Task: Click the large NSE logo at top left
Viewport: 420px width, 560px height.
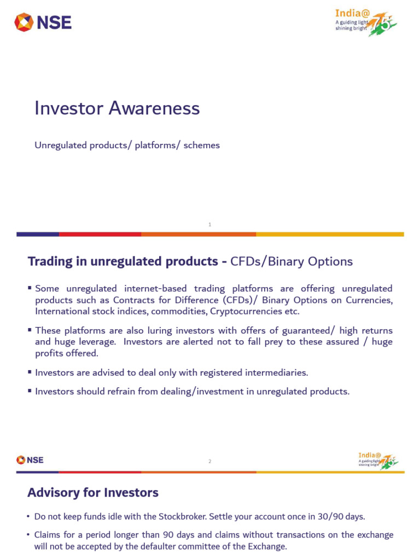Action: (x=43, y=22)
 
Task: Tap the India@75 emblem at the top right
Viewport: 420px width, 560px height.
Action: (x=366, y=22)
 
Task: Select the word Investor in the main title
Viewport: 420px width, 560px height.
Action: (x=68, y=108)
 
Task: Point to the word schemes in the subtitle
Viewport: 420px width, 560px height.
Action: (x=202, y=145)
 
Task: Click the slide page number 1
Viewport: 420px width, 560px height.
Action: (x=210, y=224)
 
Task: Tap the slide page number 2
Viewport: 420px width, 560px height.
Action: (x=210, y=462)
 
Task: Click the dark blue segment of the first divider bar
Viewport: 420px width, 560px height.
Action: (x=38, y=234)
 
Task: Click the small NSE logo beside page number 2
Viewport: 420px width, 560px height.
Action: (x=30, y=460)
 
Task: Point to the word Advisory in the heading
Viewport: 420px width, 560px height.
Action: (x=52, y=493)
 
